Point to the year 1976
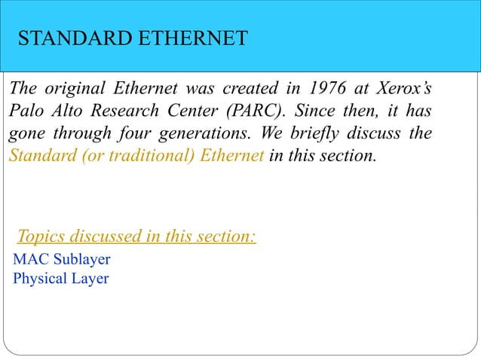[x=313, y=87]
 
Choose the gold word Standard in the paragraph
[x=38, y=158]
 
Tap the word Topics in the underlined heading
[x=41, y=237]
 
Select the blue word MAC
[x=32, y=260]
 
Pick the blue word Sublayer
[x=82, y=260]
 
